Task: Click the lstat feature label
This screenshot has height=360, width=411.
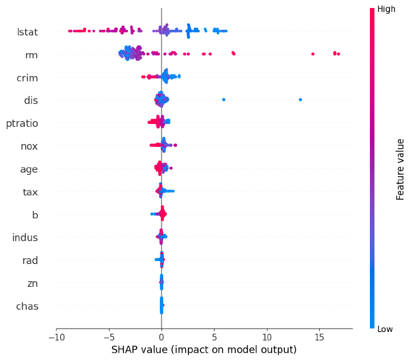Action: pos(27,31)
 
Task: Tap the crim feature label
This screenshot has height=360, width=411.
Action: pos(28,77)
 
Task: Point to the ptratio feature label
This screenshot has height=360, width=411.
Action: pos(22,123)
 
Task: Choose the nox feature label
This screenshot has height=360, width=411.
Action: pos(29,146)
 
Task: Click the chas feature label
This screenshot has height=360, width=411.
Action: pos(27,306)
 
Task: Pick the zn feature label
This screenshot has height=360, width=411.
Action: pos(32,283)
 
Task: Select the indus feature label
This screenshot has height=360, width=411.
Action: pos(25,237)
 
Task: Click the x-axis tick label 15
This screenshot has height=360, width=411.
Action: pos(319,338)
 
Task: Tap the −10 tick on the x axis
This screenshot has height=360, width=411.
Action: pos(56,338)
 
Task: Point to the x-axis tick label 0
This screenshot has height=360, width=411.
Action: pos(162,338)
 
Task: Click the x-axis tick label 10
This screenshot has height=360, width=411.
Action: pos(267,338)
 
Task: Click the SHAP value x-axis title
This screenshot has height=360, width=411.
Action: pos(204,349)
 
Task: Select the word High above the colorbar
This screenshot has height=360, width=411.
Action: pos(386,9)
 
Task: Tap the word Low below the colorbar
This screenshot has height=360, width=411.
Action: pos(385,329)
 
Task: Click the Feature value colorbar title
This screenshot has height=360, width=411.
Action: pos(401,169)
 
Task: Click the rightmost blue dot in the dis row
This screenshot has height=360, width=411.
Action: pos(300,100)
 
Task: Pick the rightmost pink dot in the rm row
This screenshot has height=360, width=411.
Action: pos(339,54)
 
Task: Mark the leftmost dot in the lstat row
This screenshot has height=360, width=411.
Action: pos(69,31)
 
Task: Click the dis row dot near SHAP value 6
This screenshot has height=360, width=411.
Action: pos(224,100)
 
